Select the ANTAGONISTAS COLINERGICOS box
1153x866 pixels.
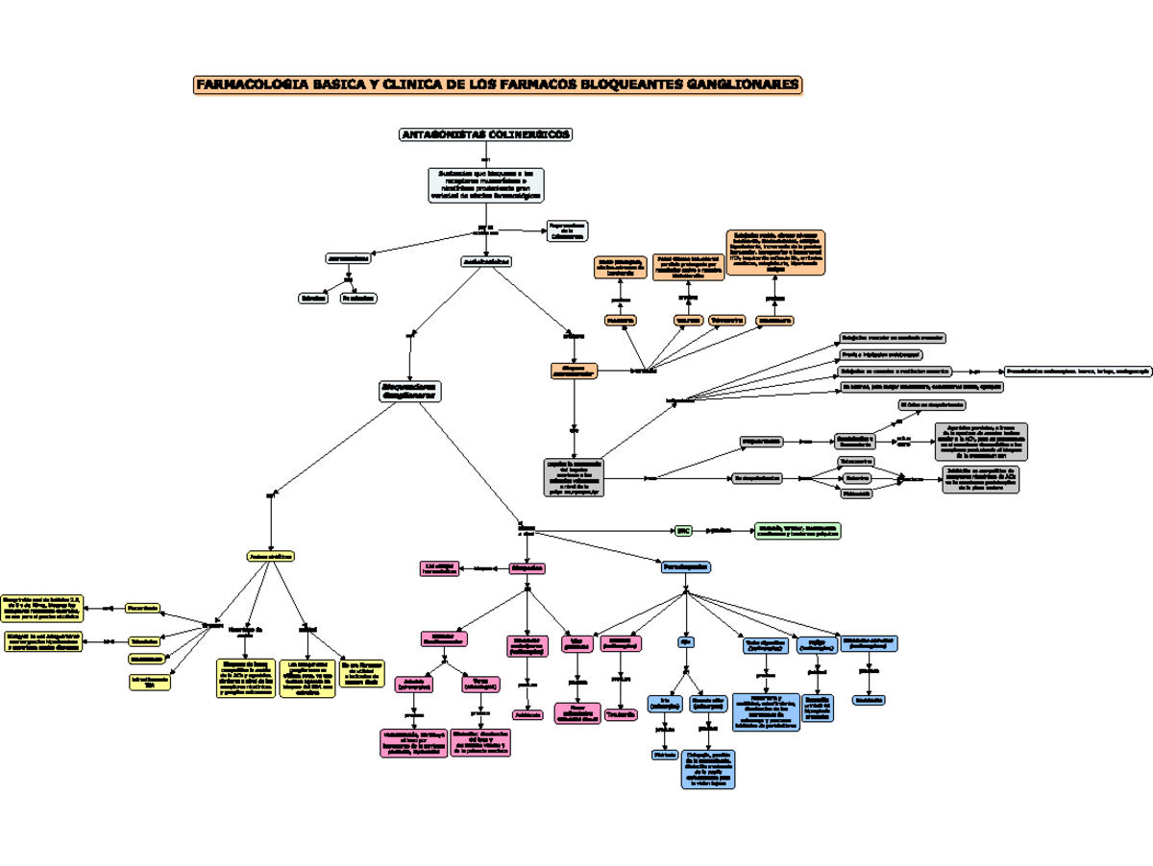click(485, 135)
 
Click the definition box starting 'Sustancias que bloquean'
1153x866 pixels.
click(485, 184)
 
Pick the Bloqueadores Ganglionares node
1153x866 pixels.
click(409, 391)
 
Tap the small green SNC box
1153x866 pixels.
click(683, 529)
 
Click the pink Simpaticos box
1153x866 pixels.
click(527, 567)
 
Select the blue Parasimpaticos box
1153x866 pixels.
click(685, 567)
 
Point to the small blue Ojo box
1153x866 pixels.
click(685, 640)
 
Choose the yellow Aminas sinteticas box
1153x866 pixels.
click(271, 556)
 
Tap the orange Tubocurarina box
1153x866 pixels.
click(731, 320)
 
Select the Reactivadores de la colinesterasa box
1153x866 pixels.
click(567, 231)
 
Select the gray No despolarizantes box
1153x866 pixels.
click(757, 477)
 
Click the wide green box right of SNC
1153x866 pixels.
click(797, 530)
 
